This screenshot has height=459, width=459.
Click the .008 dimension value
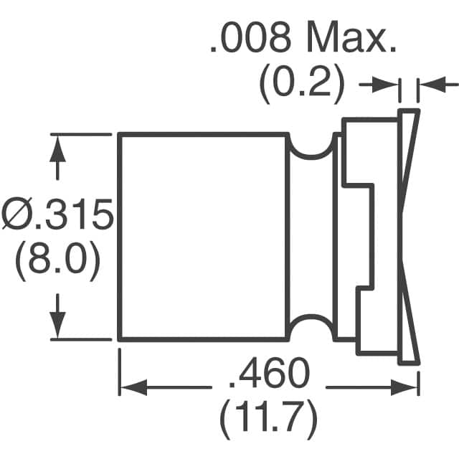[x=251, y=38]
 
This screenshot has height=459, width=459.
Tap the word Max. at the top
[x=351, y=38]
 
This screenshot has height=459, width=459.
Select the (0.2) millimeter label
[x=301, y=83]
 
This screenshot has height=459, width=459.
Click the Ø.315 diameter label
[x=57, y=214]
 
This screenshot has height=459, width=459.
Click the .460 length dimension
[x=269, y=373]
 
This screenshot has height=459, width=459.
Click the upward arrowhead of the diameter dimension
[x=57, y=149]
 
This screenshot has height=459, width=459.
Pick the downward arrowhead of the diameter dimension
[x=57, y=325]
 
